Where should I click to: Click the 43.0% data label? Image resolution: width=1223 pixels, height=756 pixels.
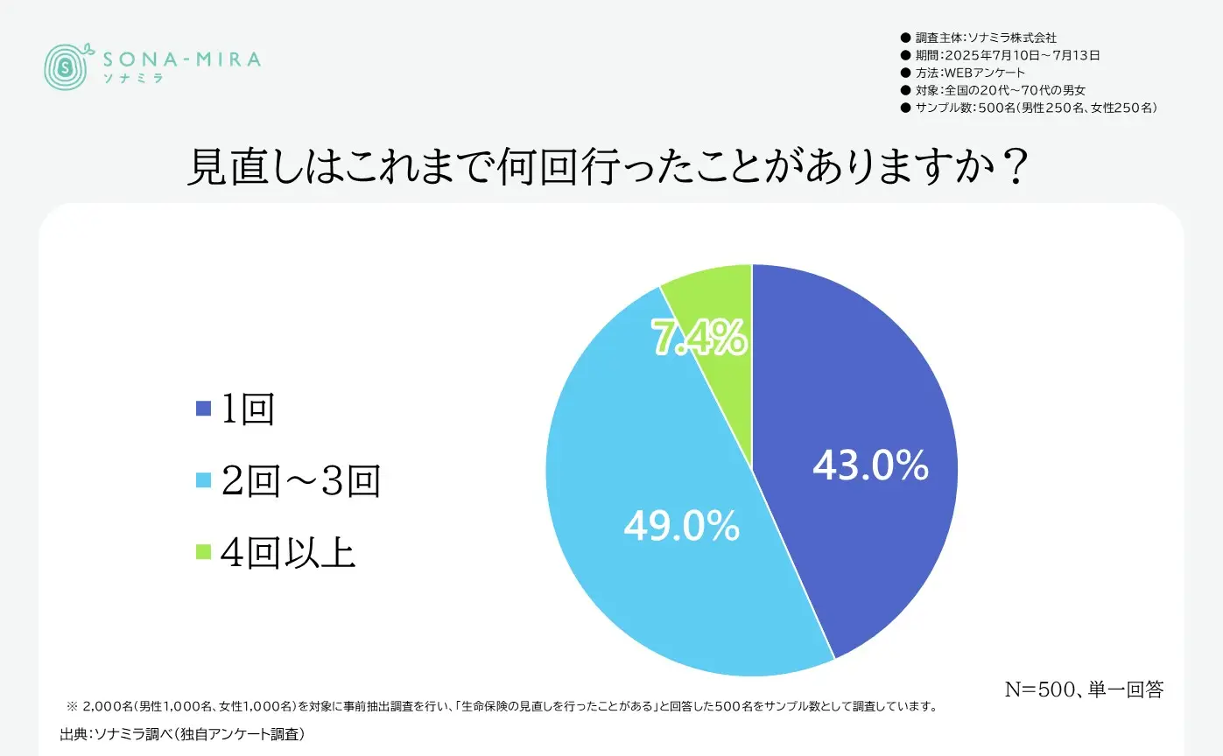(x=870, y=466)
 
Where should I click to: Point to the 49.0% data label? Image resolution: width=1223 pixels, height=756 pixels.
(x=681, y=527)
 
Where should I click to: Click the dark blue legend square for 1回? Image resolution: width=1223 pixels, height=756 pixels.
(x=203, y=408)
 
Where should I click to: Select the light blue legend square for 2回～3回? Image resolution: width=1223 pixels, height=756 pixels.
(x=203, y=479)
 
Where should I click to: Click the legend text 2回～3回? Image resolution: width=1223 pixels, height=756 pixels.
(x=301, y=480)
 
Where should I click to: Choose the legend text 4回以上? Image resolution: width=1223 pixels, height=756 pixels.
(x=289, y=552)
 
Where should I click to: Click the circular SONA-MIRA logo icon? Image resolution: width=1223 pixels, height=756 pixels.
(x=67, y=64)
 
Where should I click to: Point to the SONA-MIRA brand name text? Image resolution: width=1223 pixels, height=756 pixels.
(x=182, y=59)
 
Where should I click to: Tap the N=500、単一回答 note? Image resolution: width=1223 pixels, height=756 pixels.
(x=1083, y=689)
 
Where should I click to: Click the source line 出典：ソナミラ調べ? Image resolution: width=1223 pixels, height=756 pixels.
(x=182, y=733)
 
